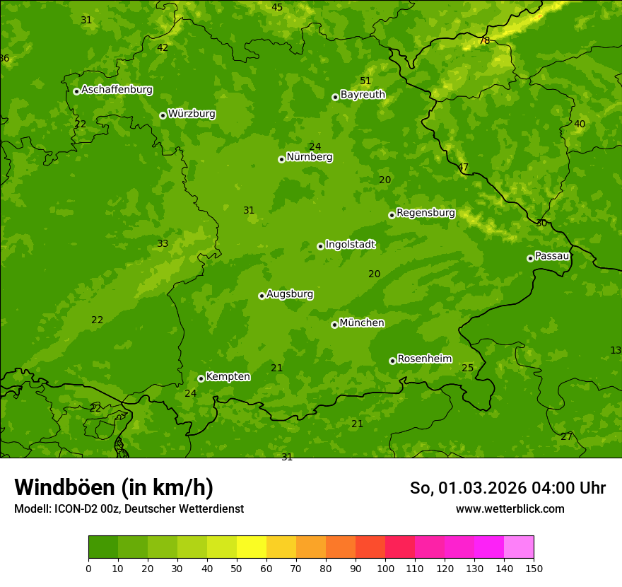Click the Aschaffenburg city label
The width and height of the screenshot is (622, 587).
click(x=117, y=90)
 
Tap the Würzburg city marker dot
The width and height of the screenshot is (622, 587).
click(x=163, y=115)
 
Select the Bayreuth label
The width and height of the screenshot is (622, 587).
click(x=363, y=95)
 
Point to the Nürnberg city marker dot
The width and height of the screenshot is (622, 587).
click(x=281, y=159)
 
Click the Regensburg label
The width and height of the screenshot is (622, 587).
click(x=426, y=213)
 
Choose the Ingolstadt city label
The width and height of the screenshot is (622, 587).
click(x=350, y=245)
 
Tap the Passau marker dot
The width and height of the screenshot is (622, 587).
click(x=530, y=258)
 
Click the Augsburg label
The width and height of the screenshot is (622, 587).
click(x=290, y=294)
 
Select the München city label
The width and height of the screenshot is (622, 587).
click(x=362, y=323)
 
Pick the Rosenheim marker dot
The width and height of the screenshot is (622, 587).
click(x=392, y=361)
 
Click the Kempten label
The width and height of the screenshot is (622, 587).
click(x=228, y=377)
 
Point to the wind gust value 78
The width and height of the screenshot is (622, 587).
click(x=484, y=41)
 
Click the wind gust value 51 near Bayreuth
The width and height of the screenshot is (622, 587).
click(x=365, y=81)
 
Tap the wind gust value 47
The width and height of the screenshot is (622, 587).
click(x=463, y=168)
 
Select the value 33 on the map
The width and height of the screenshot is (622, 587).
click(x=163, y=244)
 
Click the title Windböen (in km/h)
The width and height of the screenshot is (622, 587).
click(x=114, y=487)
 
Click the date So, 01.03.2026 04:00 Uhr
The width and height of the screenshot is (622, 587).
click(x=507, y=488)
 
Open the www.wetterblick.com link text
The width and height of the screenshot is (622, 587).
click(x=510, y=509)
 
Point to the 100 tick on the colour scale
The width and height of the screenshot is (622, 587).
click(x=385, y=568)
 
